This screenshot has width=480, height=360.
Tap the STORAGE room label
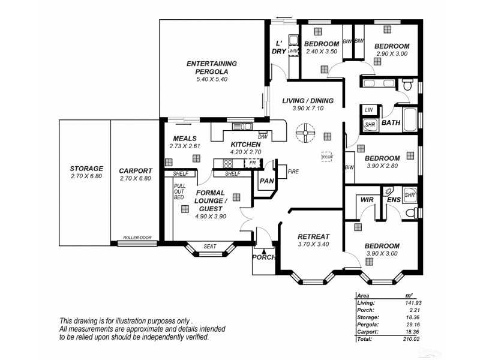86,169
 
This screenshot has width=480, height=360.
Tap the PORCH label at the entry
263,257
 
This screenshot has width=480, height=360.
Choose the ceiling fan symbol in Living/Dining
305,133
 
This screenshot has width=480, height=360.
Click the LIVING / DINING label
307,101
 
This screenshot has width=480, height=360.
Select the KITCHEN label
245,145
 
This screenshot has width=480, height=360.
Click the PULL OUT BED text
179,191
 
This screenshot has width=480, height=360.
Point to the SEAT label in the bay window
209,246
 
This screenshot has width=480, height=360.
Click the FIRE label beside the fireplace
293,172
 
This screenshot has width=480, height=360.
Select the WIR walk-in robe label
367,199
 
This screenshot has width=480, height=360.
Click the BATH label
391,123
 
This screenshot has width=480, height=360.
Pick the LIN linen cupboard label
369,110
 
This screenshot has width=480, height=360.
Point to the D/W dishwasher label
262,136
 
